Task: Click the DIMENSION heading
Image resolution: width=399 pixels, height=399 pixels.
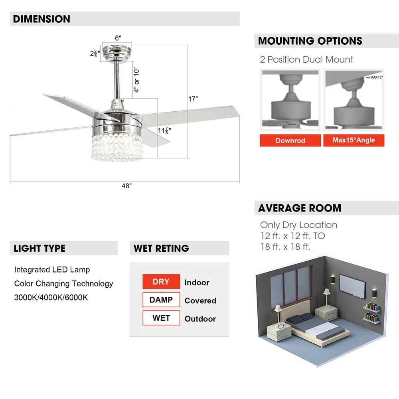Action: [x=41, y=19]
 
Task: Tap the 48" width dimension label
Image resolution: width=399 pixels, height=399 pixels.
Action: [x=126, y=186]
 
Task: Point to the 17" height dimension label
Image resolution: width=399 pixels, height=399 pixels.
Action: [x=193, y=99]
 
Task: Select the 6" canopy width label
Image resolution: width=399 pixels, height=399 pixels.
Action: [x=118, y=38]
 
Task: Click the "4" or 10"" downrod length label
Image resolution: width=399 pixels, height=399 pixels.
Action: [x=137, y=80]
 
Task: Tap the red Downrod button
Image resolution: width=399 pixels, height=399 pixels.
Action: [x=290, y=140]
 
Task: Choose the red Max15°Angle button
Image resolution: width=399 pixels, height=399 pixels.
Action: [x=354, y=140]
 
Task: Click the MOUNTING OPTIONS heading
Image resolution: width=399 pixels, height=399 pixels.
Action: [x=310, y=41]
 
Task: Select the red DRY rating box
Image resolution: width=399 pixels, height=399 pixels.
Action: [x=161, y=282]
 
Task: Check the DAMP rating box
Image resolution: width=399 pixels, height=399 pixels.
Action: [x=161, y=300]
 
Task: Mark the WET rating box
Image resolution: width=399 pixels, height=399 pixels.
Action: [x=161, y=318]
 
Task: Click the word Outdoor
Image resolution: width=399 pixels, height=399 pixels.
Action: [x=200, y=319]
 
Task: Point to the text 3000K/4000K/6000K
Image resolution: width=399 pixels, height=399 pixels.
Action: [x=51, y=298]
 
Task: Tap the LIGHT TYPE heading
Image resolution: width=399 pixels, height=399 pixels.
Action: [x=40, y=248]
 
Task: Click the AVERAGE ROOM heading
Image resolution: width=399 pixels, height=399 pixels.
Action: [x=299, y=208]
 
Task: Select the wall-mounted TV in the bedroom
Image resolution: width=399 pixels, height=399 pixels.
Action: [x=352, y=286]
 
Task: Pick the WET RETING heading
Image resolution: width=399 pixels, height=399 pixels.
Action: [x=161, y=248]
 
